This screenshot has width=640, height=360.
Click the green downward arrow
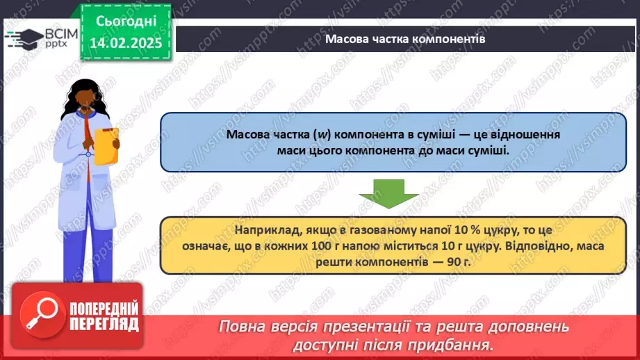[x=388, y=193]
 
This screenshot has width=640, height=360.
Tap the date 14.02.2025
[x=126, y=43]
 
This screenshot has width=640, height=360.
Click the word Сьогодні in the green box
[x=126, y=22]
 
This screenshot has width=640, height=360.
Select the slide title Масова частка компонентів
[x=405, y=39]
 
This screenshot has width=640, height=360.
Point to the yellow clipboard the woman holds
[x=106, y=146]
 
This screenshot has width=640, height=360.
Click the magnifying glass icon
[x=42, y=314]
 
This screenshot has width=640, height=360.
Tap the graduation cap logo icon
[x=24, y=38]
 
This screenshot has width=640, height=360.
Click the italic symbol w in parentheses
[x=322, y=135]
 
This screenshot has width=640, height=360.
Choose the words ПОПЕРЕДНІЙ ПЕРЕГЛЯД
[x=104, y=316]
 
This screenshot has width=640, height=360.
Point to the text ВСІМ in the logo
[x=61, y=34]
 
